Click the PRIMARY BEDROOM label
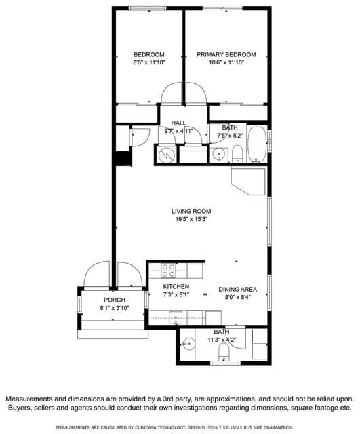coord(226,54)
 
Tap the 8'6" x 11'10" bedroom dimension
coord(148,62)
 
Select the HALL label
coord(179,123)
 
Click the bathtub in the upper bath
coord(257,144)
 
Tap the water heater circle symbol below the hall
coord(166,155)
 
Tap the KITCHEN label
coord(176,287)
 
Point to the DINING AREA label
coord(237,289)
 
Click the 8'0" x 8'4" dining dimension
coord(237,297)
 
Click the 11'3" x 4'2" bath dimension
coord(222,340)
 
